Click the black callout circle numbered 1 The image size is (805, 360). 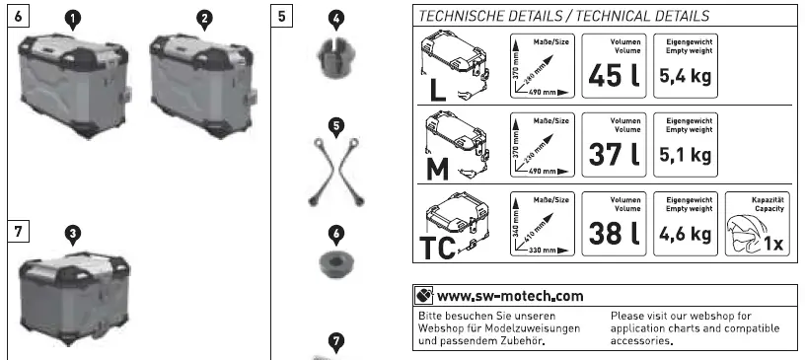(x=73, y=18)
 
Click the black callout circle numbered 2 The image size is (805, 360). (x=203, y=18)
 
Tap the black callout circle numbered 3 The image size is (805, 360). (x=73, y=233)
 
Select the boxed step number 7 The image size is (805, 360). (x=20, y=233)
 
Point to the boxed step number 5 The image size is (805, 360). (x=284, y=18)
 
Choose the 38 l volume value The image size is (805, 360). (x=615, y=233)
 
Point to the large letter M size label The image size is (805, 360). (x=437, y=170)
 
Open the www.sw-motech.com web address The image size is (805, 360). (x=509, y=296)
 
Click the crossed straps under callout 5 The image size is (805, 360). (x=336, y=174)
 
